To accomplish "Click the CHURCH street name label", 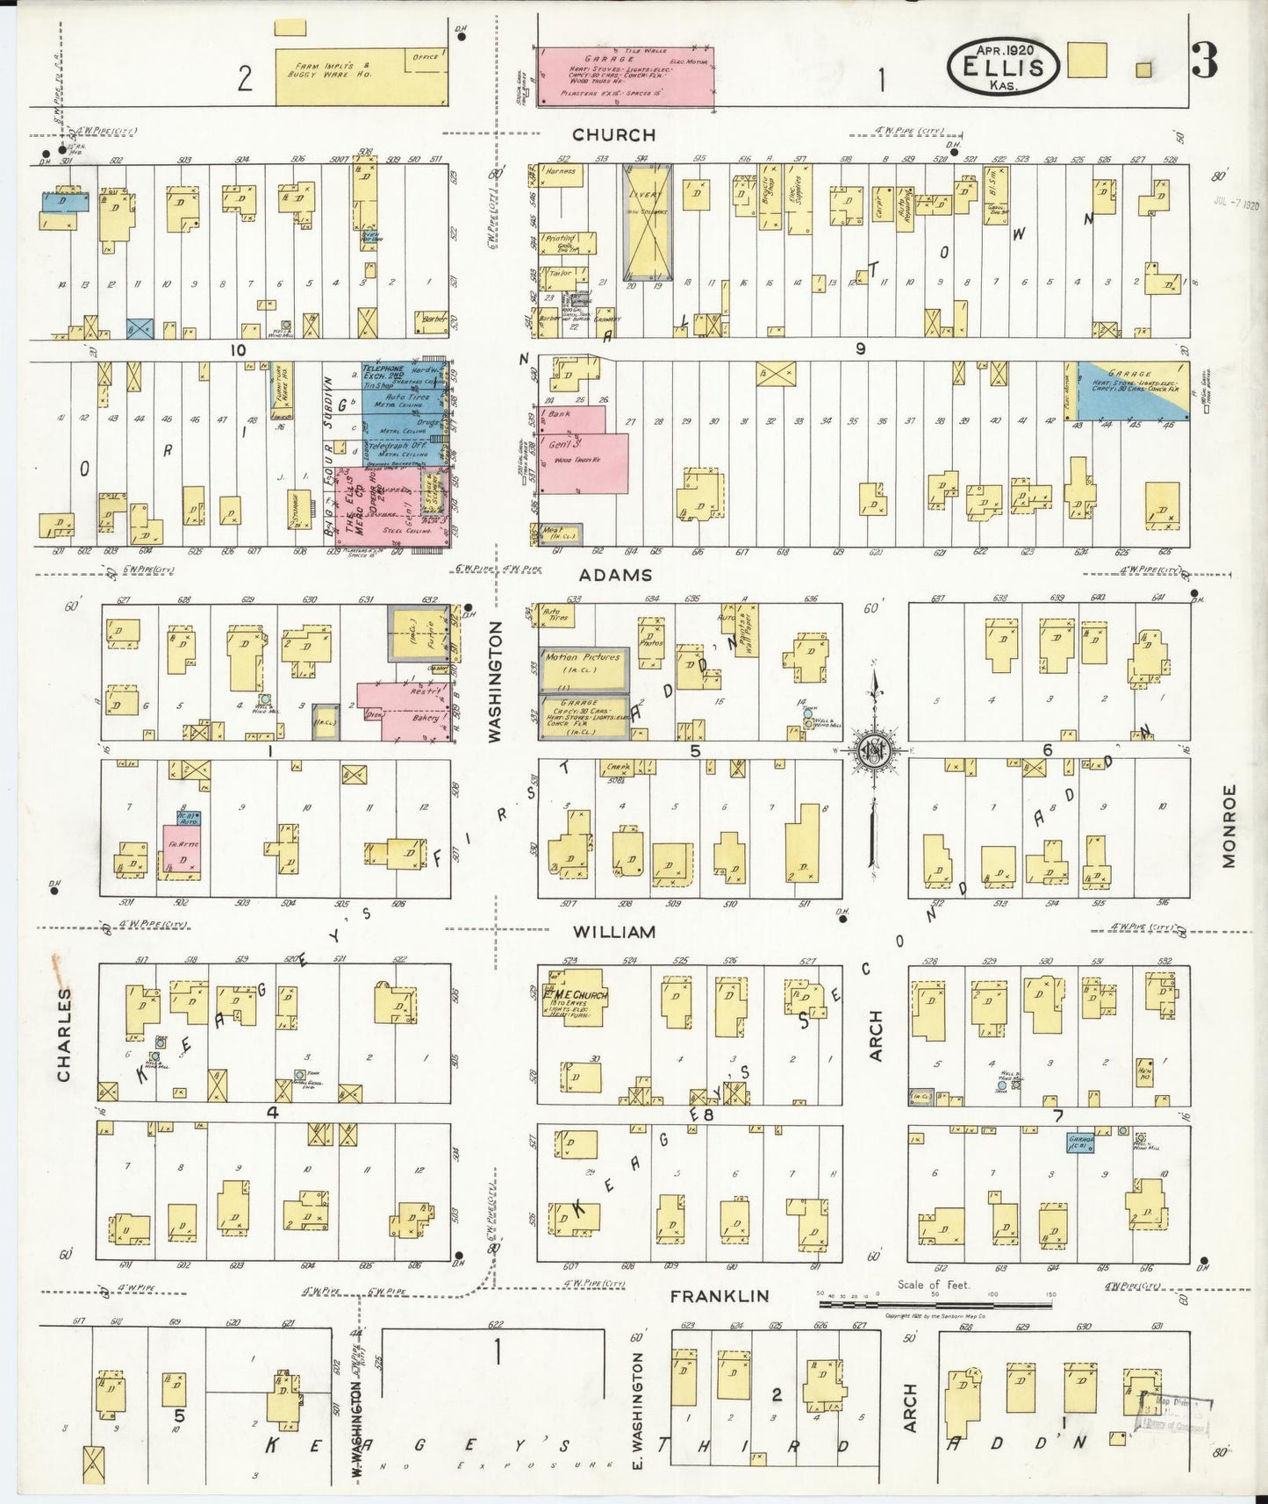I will point(613,134).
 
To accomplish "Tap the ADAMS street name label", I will point(615,575).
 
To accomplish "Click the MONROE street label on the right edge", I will point(1229,827).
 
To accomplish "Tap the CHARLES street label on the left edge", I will point(63,1035).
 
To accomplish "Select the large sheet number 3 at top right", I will point(1204,61).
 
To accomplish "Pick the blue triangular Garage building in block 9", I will point(1127,387).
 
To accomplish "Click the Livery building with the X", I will point(647,218).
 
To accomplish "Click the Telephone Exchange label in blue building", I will point(384,374).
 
